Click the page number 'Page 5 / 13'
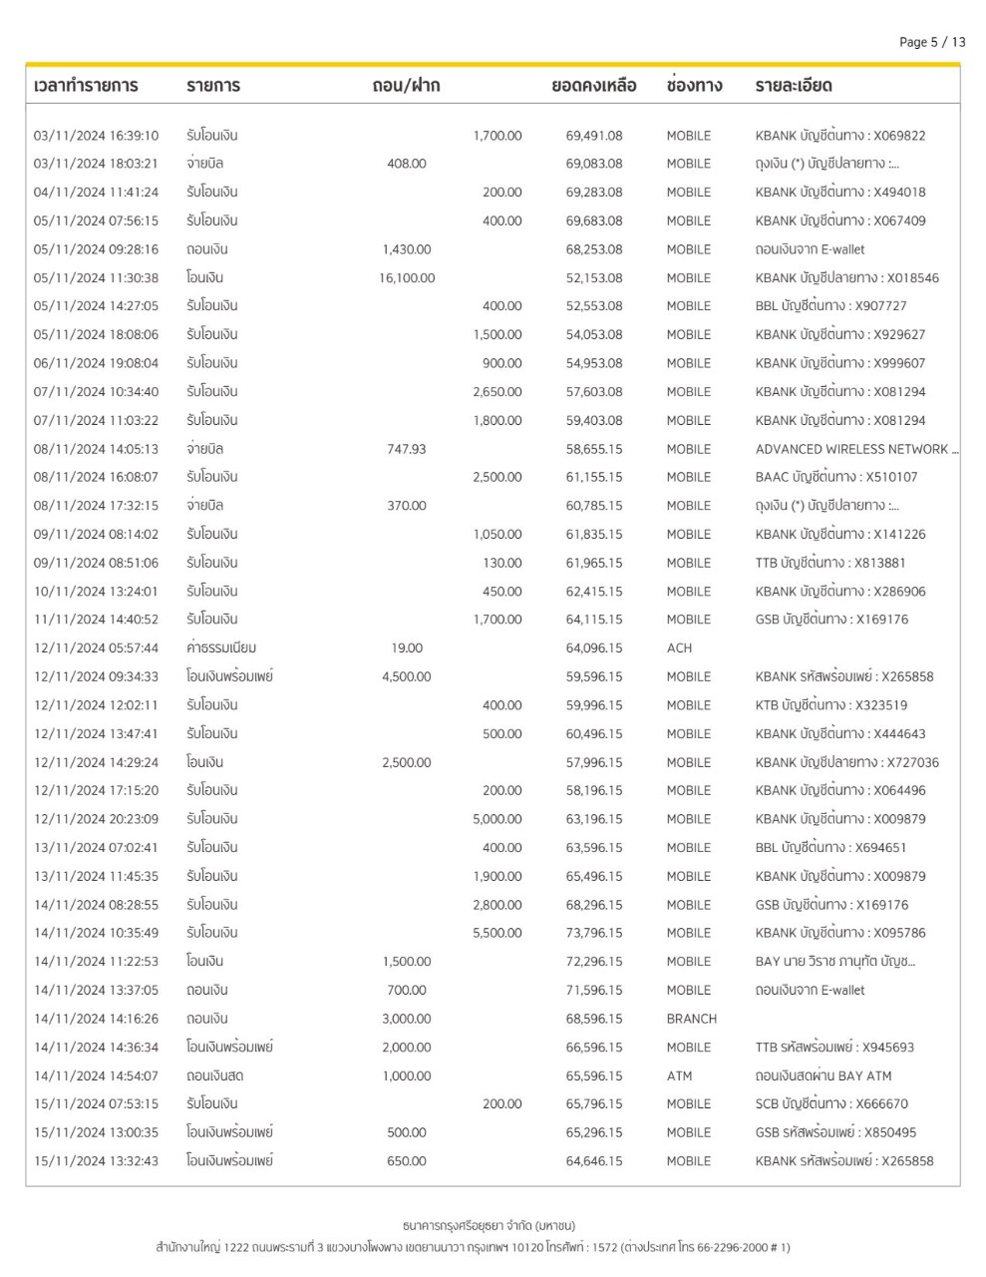pos(931,42)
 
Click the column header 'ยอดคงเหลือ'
pos(593,86)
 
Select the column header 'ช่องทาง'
pos(694,86)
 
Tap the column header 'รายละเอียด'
pos(794,86)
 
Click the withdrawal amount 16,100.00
pos(407,278)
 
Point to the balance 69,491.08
pos(594,136)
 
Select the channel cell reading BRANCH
pos(691,1019)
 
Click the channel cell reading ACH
pos(679,647)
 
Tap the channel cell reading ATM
pos(679,1075)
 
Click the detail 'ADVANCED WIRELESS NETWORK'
pos(852,449)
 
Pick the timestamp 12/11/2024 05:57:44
pos(96,647)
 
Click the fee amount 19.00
pos(407,647)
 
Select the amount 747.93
pos(407,449)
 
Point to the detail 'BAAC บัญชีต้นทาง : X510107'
pos(835,477)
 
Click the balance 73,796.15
pos(594,933)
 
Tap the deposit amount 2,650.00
pos(497,392)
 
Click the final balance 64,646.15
pos(594,1160)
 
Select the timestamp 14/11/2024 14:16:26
pos(96,1019)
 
